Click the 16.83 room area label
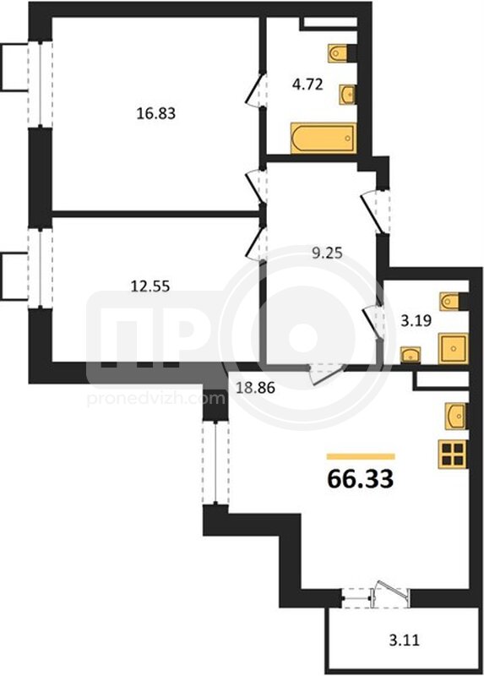pyautogui.click(x=156, y=113)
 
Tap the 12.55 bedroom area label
pyautogui.click(x=150, y=286)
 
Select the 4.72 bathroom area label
pyautogui.click(x=307, y=84)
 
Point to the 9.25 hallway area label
pyautogui.click(x=327, y=252)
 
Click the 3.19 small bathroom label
pyautogui.click(x=416, y=321)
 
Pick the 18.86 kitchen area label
pyautogui.click(x=255, y=388)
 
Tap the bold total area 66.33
pyautogui.click(x=361, y=478)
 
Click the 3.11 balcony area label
pyautogui.click(x=404, y=641)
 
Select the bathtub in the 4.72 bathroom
pyautogui.click(x=324, y=138)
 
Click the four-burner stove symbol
pyautogui.click(x=452, y=454)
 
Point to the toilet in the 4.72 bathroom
pyautogui.click(x=339, y=53)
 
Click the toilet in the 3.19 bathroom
pyautogui.click(x=450, y=301)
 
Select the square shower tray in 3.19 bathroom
pyautogui.click(x=453, y=348)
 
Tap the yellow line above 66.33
pyautogui.click(x=361, y=456)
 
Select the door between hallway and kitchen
pyautogui.click(x=327, y=373)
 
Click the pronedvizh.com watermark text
pyautogui.click(x=156, y=399)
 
